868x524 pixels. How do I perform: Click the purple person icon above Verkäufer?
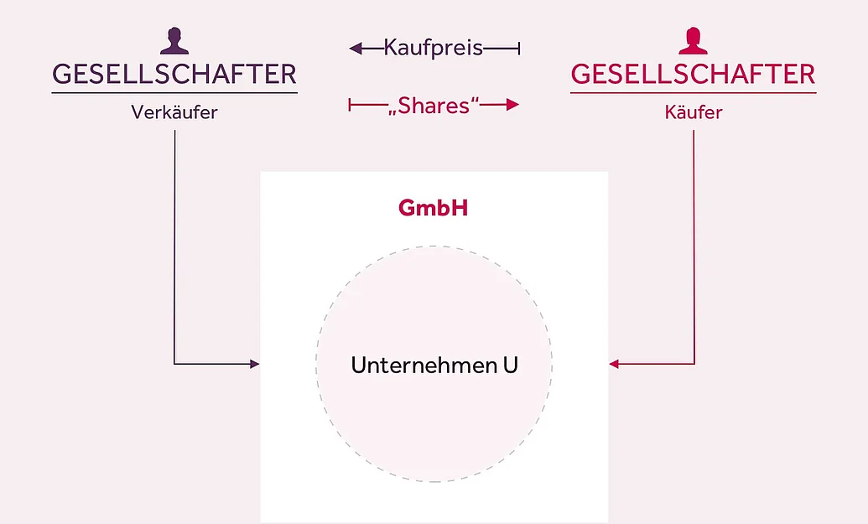pyautogui.click(x=174, y=41)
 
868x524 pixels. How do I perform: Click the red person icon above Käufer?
pyautogui.click(x=693, y=41)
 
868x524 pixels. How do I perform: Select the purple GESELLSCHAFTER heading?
pyautogui.click(x=174, y=75)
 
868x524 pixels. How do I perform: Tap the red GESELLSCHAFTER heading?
pyautogui.click(x=693, y=75)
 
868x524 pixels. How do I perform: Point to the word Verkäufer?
pyautogui.click(x=174, y=112)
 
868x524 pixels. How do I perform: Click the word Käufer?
pyautogui.click(x=693, y=112)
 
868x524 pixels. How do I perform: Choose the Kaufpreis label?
pyautogui.click(x=434, y=48)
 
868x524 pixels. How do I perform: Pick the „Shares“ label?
pyautogui.click(x=434, y=105)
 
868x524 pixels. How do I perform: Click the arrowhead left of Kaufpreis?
pyautogui.click(x=356, y=49)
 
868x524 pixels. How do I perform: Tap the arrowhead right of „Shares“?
pyautogui.click(x=512, y=105)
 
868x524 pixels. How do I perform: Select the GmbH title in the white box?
pyautogui.click(x=434, y=208)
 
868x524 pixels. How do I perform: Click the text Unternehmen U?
pyautogui.click(x=434, y=366)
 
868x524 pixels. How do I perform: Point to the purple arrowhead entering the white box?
pyautogui.click(x=255, y=364)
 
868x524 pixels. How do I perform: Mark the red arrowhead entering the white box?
pyautogui.click(x=614, y=364)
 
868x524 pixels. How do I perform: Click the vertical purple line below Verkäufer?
pyautogui.click(x=174, y=247)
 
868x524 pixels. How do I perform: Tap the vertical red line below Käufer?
pyautogui.click(x=694, y=247)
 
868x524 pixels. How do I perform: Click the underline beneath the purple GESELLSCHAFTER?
pyautogui.click(x=174, y=93)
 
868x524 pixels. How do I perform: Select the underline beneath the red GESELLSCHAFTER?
pyautogui.click(x=693, y=93)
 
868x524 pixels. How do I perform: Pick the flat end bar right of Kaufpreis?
pyautogui.click(x=519, y=49)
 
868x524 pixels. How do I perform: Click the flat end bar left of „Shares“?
pyautogui.click(x=350, y=105)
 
